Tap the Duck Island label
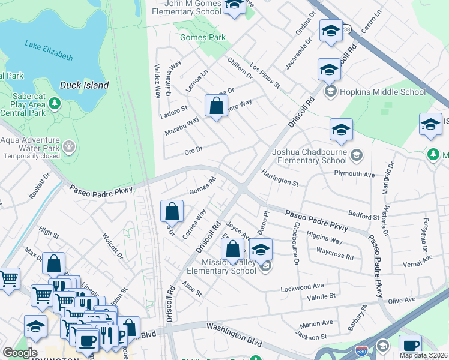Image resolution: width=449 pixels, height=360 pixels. pyautogui.click(x=84, y=85)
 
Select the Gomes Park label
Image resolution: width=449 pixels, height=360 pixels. pyautogui.click(x=203, y=37)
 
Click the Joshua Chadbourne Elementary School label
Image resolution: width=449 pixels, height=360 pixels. pyautogui.click(x=309, y=156)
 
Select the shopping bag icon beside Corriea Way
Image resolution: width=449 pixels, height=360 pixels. pyautogui.click(x=172, y=211)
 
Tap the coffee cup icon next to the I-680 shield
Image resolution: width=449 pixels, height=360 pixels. pyautogui.click(x=410, y=346)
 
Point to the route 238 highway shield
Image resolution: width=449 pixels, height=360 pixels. pyautogui.click(x=345, y=29)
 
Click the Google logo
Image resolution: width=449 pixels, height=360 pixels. pyautogui.click(x=19, y=353)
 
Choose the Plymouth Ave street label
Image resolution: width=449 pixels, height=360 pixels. pyautogui.click(x=354, y=174)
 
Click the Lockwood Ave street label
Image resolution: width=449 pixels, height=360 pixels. pyautogui.click(x=303, y=288)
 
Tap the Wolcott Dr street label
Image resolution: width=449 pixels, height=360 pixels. pyautogui.click(x=113, y=247)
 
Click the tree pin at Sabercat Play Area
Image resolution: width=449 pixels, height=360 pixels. pyautogui.click(x=55, y=103)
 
